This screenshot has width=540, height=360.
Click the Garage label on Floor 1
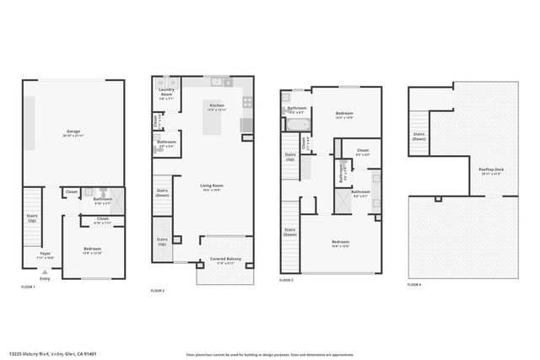coord(73,132)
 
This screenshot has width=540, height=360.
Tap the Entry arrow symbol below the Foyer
coord(45,271)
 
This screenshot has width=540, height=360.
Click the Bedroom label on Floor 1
coord(93,250)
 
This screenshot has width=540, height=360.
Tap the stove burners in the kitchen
coord(247,103)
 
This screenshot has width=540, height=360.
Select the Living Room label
coord(211,187)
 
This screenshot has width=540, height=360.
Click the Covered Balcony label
coord(225,260)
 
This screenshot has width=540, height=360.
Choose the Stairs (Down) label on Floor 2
coord(162,193)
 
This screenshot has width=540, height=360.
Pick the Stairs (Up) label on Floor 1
coord(31,218)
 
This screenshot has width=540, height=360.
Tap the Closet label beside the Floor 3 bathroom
coord(362,153)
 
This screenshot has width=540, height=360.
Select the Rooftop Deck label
coord(491,171)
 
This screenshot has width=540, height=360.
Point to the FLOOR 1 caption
coord(29,287)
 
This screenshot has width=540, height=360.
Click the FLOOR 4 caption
coord(414,285)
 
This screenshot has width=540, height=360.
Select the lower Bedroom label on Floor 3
coord(340,243)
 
